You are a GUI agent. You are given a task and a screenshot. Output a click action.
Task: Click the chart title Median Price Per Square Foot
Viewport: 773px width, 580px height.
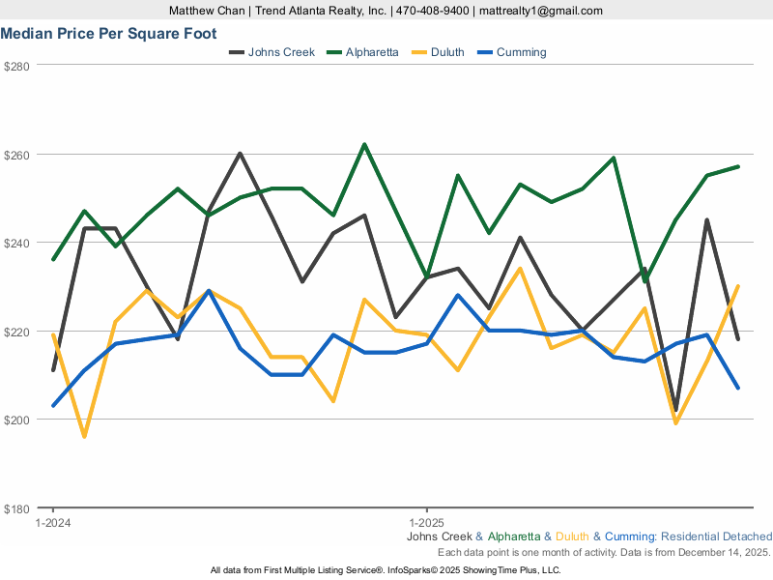point(108,33)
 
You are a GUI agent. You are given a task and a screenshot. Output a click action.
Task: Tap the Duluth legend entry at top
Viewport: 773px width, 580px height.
point(445,52)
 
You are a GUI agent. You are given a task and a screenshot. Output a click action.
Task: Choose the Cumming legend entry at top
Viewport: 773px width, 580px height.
point(521,52)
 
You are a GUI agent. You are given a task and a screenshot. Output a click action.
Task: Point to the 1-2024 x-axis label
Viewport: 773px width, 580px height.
point(52,522)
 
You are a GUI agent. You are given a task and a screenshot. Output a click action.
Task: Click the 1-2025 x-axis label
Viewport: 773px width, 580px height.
point(426,522)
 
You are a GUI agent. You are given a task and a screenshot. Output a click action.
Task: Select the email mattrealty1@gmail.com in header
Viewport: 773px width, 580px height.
point(541,11)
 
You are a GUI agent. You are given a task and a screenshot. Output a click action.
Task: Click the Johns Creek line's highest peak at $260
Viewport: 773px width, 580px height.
point(240,154)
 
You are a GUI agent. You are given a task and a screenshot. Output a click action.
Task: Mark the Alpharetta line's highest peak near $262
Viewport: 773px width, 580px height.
point(364,145)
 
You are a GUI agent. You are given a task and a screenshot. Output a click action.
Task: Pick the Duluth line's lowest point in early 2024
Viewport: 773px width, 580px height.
point(84,436)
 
